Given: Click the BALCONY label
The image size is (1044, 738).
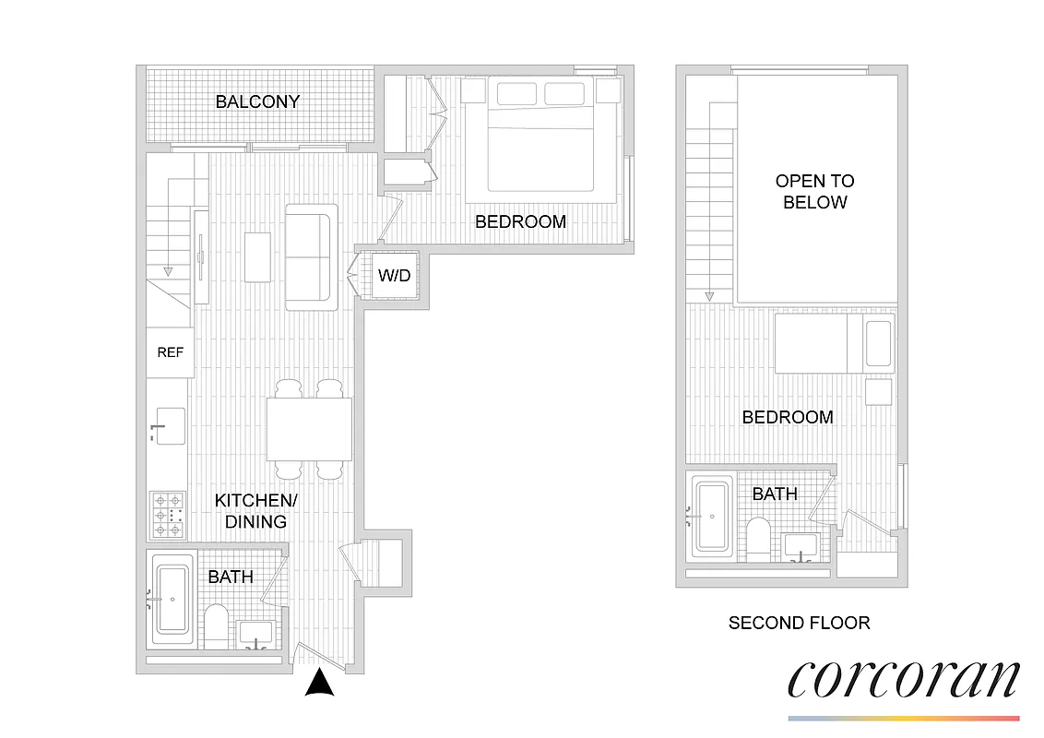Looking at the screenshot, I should click(x=257, y=101).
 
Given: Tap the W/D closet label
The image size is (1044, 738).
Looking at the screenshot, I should click(x=394, y=275).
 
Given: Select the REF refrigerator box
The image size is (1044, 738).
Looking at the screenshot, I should click(x=170, y=352).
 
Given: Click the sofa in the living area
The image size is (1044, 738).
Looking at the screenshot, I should click(x=312, y=257).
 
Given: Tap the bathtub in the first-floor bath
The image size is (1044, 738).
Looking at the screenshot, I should click(x=172, y=600).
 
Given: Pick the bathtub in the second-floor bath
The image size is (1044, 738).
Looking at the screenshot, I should click(x=712, y=515).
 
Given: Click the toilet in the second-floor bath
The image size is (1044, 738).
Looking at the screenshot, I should click(x=759, y=539).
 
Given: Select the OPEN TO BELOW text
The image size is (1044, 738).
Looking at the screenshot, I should click(x=814, y=191).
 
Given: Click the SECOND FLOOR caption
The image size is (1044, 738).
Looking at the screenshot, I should click(x=799, y=623).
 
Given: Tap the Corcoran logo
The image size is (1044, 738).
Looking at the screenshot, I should click(x=903, y=681).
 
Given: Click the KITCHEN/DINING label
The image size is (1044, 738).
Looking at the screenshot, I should click(x=251, y=511).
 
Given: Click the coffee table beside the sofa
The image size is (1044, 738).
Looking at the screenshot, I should click(x=257, y=257).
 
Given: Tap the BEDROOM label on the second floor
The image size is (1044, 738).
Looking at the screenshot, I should click(x=788, y=417).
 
